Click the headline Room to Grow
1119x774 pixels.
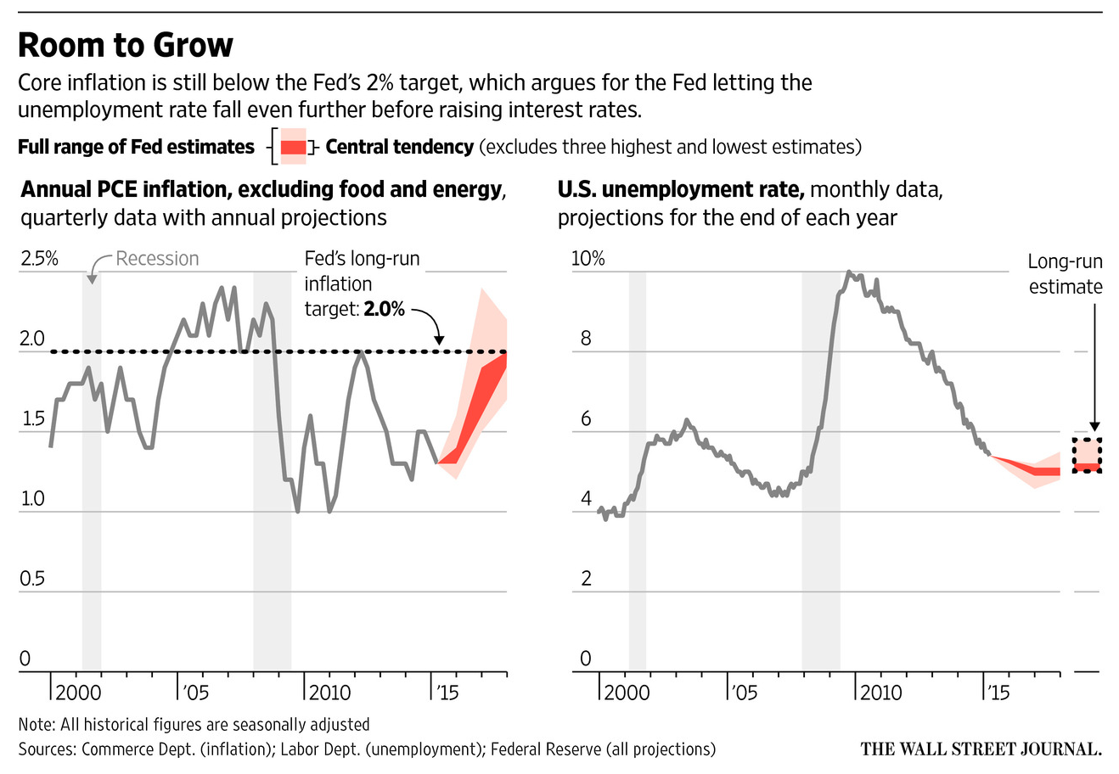coord(126,44)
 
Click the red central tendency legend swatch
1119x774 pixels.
coord(293,148)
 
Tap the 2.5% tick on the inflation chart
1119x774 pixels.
coord(39,258)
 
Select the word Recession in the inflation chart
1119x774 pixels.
coord(157,259)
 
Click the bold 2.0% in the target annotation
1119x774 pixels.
coord(384,309)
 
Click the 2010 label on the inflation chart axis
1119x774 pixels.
coord(329,693)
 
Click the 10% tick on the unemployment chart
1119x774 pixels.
coord(588,258)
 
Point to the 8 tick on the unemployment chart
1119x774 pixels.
coord(586,339)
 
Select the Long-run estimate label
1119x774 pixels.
coord(1065,274)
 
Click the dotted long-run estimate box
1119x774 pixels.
coord(1087,455)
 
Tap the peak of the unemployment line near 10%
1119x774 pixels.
coord(848,272)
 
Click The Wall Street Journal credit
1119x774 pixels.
coord(981,749)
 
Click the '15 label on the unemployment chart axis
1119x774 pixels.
coord(997,693)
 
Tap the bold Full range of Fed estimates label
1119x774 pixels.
coord(136,147)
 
